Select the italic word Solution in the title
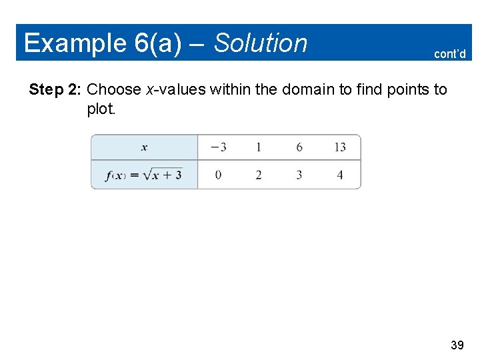pos(261,43)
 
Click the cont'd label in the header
pos(449,54)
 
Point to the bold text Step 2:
pos(56,89)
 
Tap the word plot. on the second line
pos(101,109)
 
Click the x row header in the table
pos(145,147)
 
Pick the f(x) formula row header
pos(144,175)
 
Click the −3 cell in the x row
pos(218,147)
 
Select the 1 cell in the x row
pos(259,147)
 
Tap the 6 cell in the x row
pos(299,147)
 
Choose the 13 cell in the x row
pos(340,147)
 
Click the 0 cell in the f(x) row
pos(219,175)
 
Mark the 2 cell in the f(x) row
pos(259,175)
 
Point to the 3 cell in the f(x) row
pos(299,175)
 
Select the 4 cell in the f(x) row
pos(340,175)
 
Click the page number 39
pos(457,345)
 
